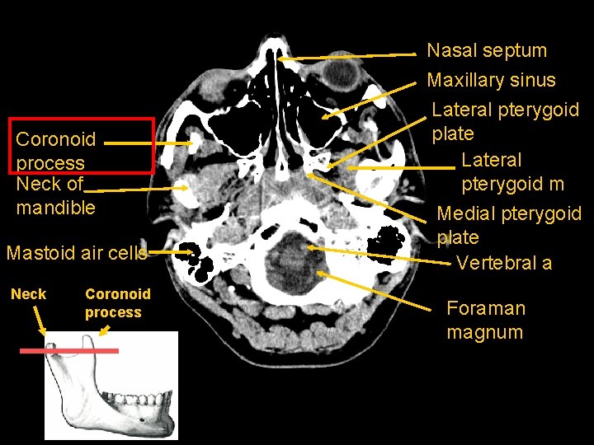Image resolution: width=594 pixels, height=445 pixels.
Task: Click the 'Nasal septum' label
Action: pos(487,50)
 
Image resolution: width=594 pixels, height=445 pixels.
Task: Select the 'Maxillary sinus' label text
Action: pos(491,80)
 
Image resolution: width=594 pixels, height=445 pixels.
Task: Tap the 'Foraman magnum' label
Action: pos(485,320)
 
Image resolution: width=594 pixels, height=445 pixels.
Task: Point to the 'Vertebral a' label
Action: pos(503,263)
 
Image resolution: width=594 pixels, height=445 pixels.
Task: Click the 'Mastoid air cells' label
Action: pos(76,252)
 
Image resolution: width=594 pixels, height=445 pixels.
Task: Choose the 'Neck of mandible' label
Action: pos(55,196)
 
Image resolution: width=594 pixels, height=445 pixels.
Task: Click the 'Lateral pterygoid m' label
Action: pos(512,171)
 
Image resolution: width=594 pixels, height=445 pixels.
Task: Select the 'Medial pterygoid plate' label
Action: pos(508,225)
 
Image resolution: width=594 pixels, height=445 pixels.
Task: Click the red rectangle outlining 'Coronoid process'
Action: pos(82,145)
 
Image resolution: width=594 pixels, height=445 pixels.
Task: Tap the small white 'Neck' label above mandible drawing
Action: pos(28,294)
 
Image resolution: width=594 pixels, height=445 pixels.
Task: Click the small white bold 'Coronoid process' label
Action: pos(117,302)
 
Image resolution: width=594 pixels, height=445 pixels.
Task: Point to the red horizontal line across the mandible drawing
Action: pos(70,350)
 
